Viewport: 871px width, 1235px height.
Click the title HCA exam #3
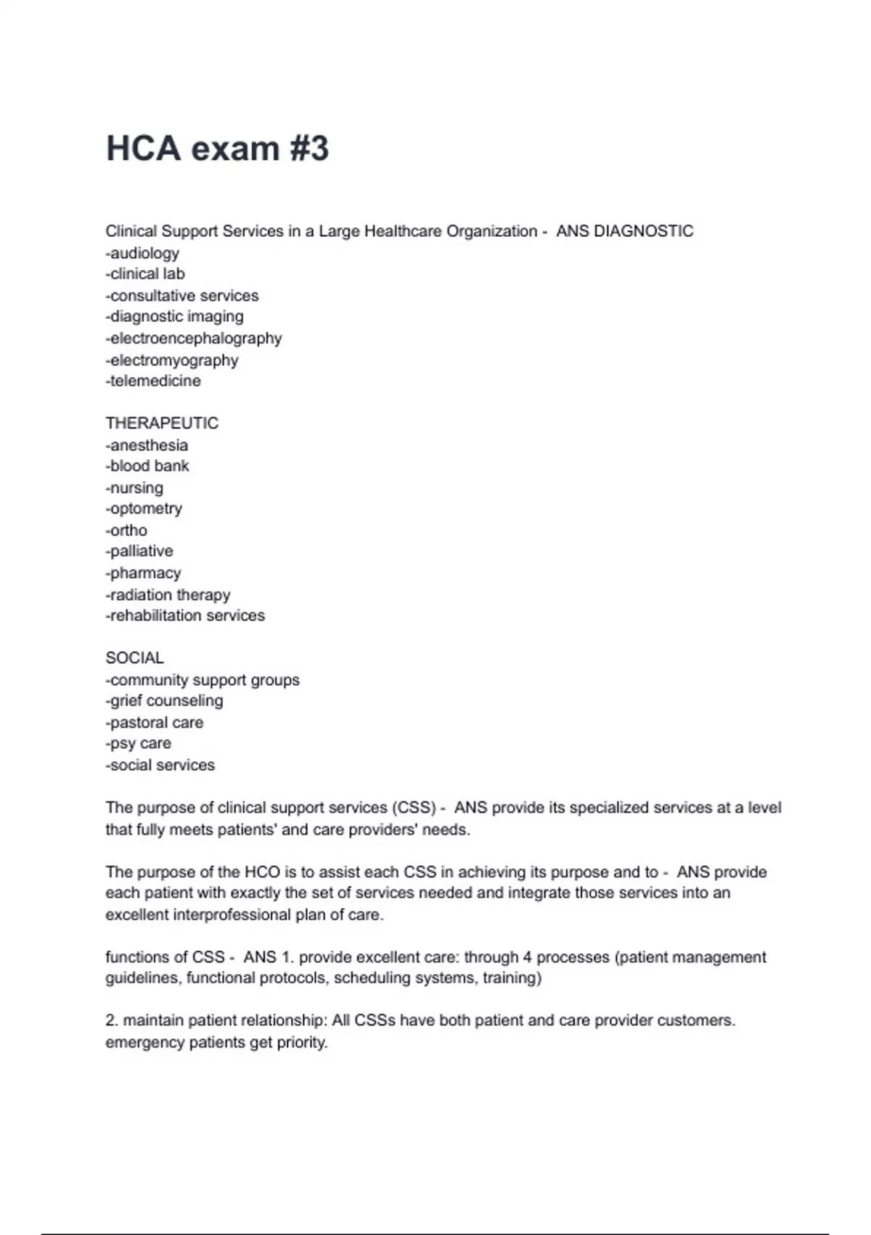[x=217, y=148]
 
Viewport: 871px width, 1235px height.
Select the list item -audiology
[x=142, y=253]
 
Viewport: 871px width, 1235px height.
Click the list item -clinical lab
[x=145, y=274]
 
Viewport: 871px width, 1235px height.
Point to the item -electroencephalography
[x=194, y=338]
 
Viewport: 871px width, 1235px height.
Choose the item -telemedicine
[x=153, y=381]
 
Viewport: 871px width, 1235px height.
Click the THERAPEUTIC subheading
[x=162, y=423]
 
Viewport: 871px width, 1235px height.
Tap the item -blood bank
[x=147, y=466]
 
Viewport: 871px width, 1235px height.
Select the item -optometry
[x=144, y=509]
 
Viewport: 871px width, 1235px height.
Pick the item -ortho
[x=126, y=530]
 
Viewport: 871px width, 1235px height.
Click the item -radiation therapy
[x=168, y=594]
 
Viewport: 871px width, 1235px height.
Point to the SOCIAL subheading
[x=134, y=657]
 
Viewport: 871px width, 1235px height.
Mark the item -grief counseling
[x=164, y=700]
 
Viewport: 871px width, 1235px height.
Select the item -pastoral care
[x=155, y=722]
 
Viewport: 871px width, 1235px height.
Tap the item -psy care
[x=139, y=743]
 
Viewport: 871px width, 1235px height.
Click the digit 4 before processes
[x=528, y=957]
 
